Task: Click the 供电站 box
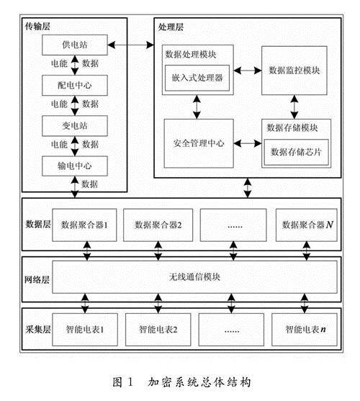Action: [75, 45]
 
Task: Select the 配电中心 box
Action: [75, 86]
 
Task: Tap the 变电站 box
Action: [75, 126]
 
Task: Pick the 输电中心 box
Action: [75, 166]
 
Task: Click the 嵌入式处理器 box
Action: [197, 78]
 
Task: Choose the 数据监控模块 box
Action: [294, 71]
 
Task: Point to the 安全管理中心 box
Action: [199, 143]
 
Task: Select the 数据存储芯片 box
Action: [296, 152]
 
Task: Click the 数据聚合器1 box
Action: [84, 225]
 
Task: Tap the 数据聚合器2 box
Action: [158, 225]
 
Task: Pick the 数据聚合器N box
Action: [307, 225]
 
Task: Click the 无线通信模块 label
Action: [194, 277]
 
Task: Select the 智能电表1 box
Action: [85, 330]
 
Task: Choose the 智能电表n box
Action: [305, 330]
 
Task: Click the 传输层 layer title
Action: [37, 26]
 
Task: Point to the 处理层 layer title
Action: [171, 27]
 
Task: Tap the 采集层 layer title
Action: [38, 330]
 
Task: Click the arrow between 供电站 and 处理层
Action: [130, 45]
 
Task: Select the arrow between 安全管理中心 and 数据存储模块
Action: [248, 143]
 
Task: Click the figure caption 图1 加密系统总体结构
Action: [181, 382]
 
